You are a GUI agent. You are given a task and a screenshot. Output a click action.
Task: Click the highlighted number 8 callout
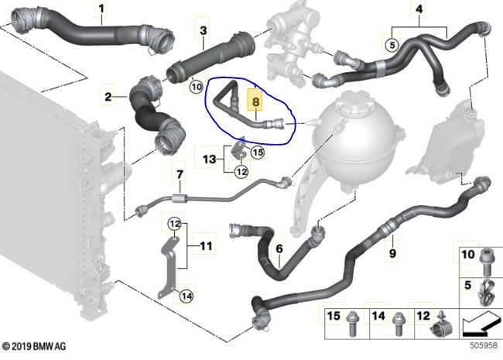coord(255,101)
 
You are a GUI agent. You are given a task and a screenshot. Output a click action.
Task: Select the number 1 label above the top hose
coord(101,9)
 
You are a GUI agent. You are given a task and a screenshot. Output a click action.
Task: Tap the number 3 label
coord(203,30)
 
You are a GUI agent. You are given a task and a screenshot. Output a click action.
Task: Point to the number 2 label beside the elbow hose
coord(108,97)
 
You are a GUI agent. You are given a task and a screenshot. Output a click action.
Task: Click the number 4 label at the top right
coord(419,9)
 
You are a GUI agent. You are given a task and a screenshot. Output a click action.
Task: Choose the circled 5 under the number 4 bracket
coord(392,45)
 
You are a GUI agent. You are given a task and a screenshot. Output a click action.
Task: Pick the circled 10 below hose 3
coord(197,87)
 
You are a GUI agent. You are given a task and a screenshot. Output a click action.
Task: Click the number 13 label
coord(210,159)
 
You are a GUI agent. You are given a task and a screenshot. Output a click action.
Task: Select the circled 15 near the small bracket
coord(258,152)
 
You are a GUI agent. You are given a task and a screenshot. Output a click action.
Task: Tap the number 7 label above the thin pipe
coord(180,174)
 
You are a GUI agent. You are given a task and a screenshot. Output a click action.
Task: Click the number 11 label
coord(206,245)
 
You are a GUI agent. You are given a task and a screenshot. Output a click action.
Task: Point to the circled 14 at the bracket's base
coord(186,296)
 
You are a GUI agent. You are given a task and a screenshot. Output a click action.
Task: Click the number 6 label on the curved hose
coord(279,249)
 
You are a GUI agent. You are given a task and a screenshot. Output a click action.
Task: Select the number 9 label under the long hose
coord(392,253)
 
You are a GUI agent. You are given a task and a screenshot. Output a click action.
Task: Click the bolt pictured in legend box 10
coord(485,262)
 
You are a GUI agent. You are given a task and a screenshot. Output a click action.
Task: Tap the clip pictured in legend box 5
coord(485,293)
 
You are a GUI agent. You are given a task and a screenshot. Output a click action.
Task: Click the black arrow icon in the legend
coord(481,323)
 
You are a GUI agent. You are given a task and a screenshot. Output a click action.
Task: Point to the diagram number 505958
coord(484,345)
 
